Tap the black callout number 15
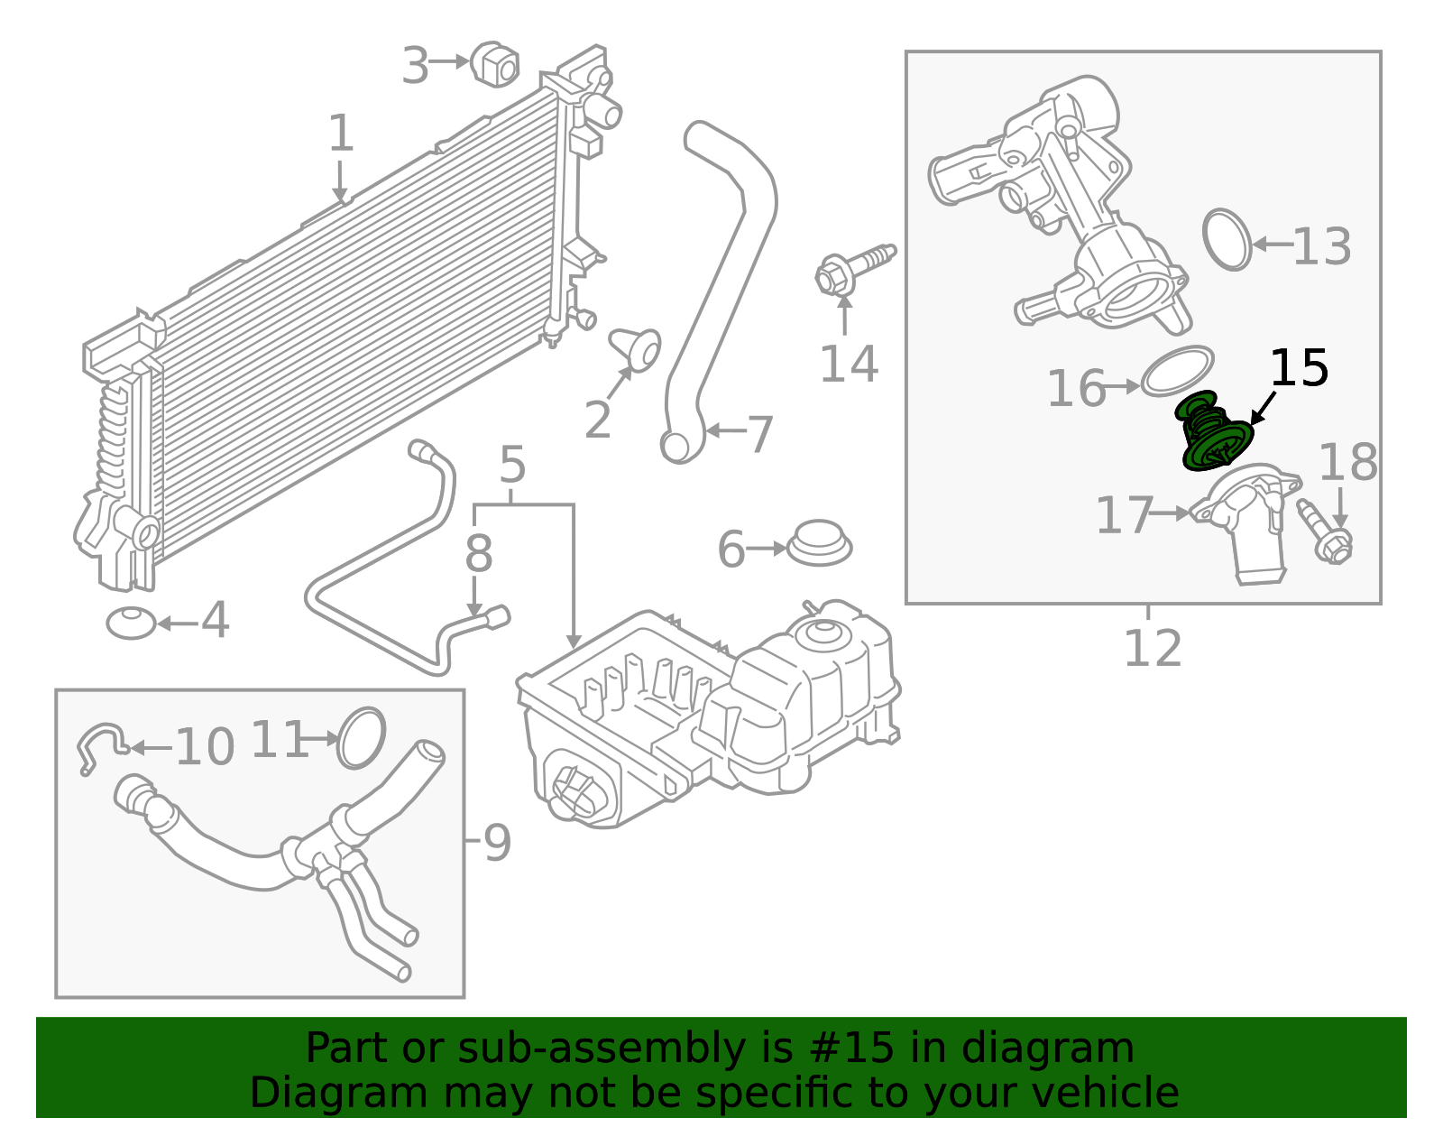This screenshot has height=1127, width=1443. click(1299, 369)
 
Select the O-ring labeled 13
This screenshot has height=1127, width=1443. click(1227, 240)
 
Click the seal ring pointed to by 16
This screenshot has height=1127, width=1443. click(1177, 371)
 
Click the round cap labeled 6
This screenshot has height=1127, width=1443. click(819, 543)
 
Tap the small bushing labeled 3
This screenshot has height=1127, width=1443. click(495, 63)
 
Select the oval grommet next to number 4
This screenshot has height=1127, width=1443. click(132, 623)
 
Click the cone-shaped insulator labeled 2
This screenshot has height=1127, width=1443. click(637, 348)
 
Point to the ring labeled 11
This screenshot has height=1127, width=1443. click(362, 737)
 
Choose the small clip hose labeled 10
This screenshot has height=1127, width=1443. click(100, 744)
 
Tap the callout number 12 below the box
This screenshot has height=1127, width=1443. click(1152, 648)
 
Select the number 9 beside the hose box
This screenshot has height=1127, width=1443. click(497, 843)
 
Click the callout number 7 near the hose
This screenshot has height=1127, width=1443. click(759, 434)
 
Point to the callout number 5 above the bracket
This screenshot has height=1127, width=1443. click(511, 466)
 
